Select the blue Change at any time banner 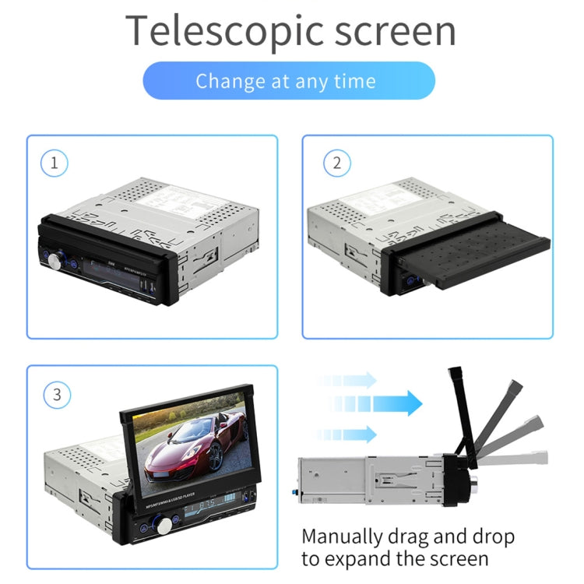click(288, 81)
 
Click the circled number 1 click(55, 164)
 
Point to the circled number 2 click(336, 164)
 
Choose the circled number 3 click(56, 394)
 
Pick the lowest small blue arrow click(350, 434)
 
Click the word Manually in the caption click(343, 537)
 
